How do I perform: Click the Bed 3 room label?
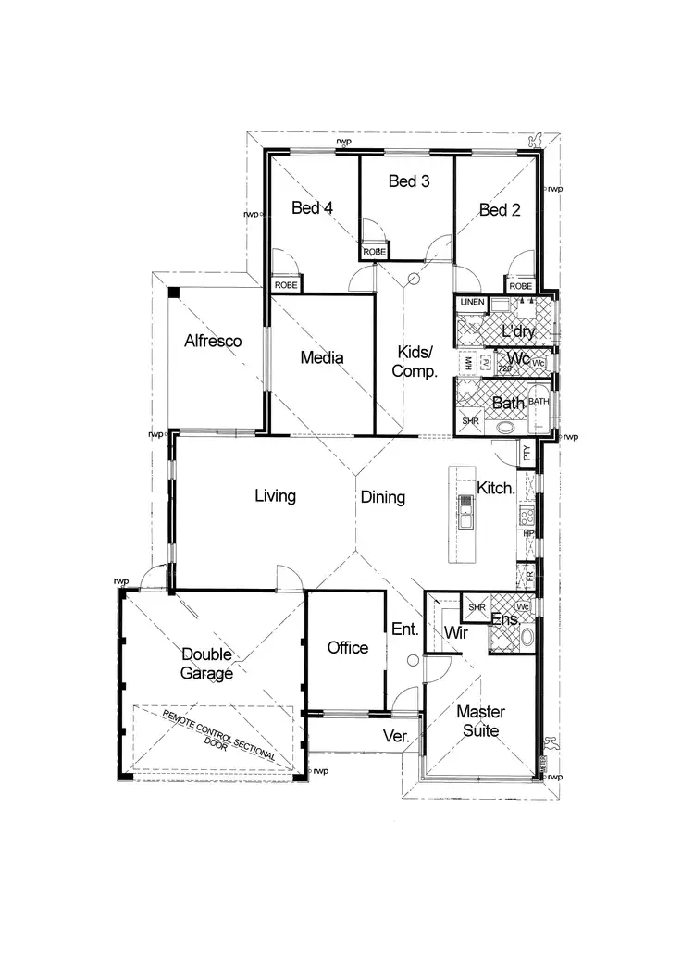(x=409, y=181)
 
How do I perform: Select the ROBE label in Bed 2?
(x=520, y=286)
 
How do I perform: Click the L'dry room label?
(x=519, y=331)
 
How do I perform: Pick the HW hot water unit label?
(x=469, y=364)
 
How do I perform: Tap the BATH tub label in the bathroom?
(x=539, y=402)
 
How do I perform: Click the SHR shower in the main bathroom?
(x=471, y=421)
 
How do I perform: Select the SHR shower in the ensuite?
(x=477, y=607)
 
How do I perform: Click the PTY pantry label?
(x=527, y=454)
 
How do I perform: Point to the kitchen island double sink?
(x=466, y=512)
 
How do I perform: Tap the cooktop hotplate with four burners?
(x=527, y=514)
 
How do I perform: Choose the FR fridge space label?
(x=528, y=576)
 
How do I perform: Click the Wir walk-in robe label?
(x=455, y=632)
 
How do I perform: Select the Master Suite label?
(x=479, y=721)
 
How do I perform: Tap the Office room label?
(x=348, y=648)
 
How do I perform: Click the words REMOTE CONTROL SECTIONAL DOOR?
(x=219, y=735)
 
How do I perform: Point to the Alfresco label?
(x=213, y=341)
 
